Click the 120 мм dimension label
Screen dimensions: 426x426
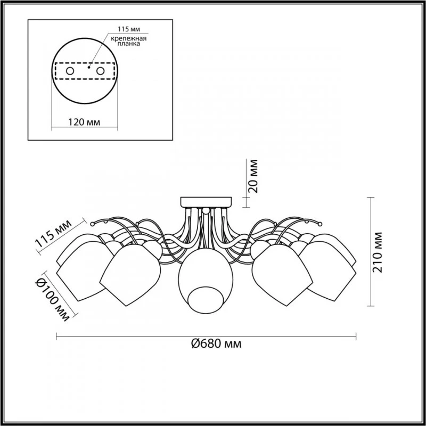tap(84, 122)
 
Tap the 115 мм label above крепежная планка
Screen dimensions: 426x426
tap(129, 29)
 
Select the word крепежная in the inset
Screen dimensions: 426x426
tap(128, 38)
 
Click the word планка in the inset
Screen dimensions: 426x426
tap(129, 44)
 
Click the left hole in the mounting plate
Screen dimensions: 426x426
tap(70, 71)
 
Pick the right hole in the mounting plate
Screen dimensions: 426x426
tap(100, 71)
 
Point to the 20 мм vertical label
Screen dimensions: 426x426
tap(253, 176)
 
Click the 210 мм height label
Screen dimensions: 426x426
tap(378, 252)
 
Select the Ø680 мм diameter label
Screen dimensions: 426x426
tap(216, 343)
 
